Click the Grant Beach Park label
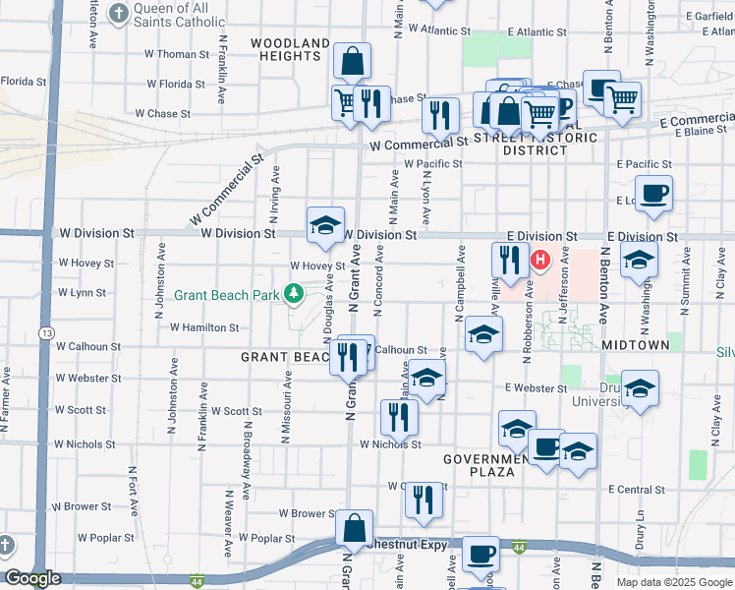tap(227, 294)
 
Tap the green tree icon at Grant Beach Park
tap(292, 293)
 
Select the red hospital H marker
tap(539, 261)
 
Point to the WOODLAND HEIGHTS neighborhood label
tap(290, 49)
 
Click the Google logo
tap(31, 579)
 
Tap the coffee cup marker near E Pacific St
tap(653, 193)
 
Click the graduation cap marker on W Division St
tap(325, 224)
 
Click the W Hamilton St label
tap(204, 327)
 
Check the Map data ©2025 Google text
tap(673, 582)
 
